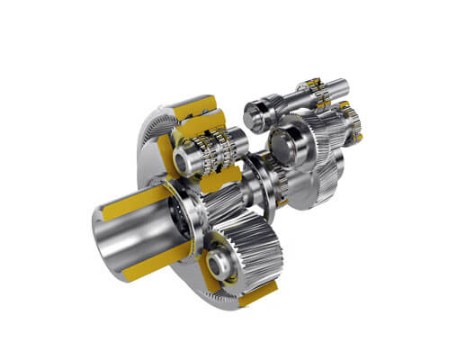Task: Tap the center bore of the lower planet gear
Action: (219, 264)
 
